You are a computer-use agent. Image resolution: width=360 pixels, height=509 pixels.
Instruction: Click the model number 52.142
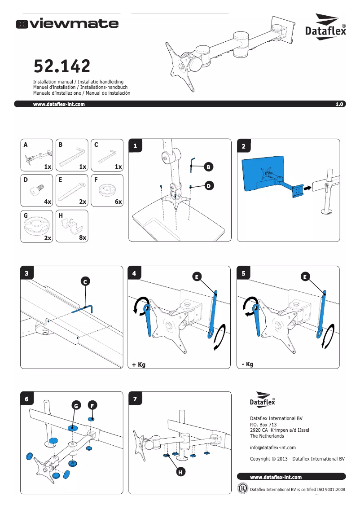tap(62, 67)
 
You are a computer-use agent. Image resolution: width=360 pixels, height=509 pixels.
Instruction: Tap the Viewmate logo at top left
tap(68, 24)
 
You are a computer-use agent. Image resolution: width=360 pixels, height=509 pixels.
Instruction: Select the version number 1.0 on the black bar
tap(339, 104)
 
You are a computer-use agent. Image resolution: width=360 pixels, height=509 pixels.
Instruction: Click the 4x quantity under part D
tap(48, 202)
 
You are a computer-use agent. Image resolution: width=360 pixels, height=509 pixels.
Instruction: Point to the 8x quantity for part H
tap(82, 237)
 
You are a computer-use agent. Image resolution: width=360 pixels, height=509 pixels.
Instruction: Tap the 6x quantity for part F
tap(118, 202)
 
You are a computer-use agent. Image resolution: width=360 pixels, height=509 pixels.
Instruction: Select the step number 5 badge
tap(243, 273)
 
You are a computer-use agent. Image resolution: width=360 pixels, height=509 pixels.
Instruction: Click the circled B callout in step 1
tap(208, 167)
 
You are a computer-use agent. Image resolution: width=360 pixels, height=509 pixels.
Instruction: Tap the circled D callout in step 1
tap(208, 185)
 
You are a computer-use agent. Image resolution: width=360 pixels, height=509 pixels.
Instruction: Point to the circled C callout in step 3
tap(85, 282)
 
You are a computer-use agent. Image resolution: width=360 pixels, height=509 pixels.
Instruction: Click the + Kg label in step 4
tap(139, 365)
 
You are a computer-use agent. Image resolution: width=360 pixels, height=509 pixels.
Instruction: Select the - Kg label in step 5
tap(247, 364)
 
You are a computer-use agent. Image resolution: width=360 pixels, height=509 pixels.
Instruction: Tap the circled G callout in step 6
tap(76, 406)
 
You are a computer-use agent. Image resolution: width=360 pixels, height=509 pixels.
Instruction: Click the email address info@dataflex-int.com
tap(272, 448)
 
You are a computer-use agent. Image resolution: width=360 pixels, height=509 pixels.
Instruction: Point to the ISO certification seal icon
tap(243, 488)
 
